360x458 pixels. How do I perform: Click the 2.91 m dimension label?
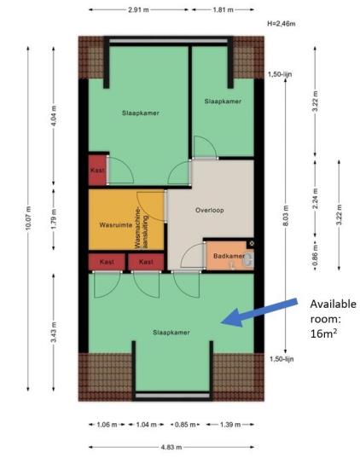click(x=138, y=9)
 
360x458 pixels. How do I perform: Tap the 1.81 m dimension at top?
click(x=223, y=9)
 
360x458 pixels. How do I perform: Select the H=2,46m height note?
click(x=282, y=24)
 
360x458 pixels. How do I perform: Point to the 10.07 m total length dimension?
click(x=28, y=217)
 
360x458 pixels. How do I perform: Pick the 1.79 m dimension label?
click(x=54, y=218)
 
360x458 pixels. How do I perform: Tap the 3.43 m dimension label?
click(x=54, y=332)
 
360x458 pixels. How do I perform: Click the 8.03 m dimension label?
click(x=286, y=216)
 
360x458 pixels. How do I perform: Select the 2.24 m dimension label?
click(x=316, y=199)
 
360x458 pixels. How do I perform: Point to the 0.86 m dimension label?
click(x=316, y=256)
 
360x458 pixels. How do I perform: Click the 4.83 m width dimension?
click(x=171, y=447)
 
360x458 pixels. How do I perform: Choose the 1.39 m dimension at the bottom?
click(x=230, y=425)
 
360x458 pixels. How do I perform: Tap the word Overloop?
click(x=210, y=210)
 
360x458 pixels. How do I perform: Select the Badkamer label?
click(x=229, y=256)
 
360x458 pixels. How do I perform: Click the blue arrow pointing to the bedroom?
click(x=259, y=312)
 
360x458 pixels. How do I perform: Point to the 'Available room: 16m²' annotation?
click(x=333, y=319)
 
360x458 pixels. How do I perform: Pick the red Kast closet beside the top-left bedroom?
click(x=97, y=170)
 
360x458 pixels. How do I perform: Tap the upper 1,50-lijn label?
click(x=280, y=74)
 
